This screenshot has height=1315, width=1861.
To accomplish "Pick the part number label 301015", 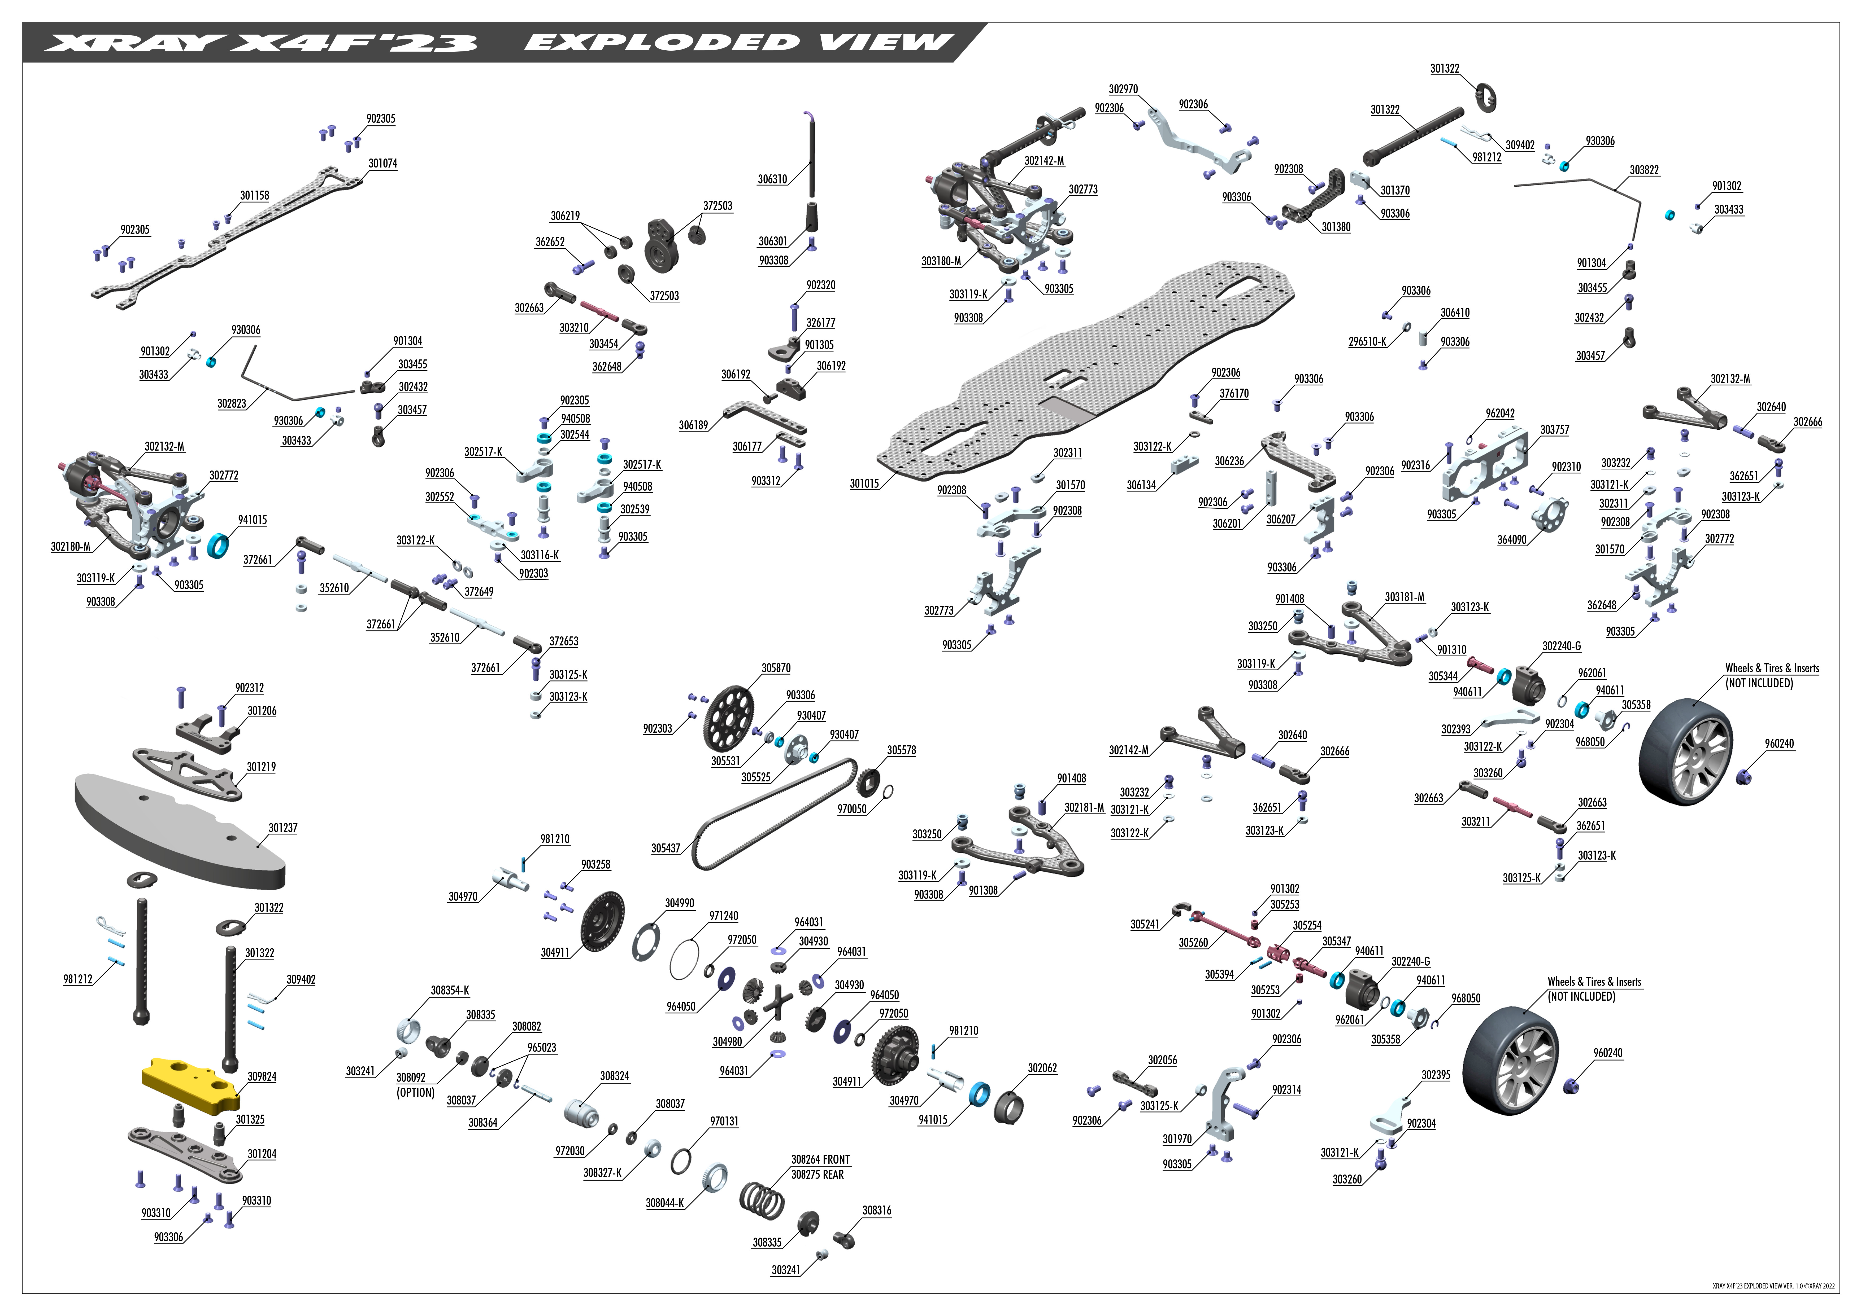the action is point(864,484).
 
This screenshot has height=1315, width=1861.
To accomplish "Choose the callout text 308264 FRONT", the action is point(820,1159).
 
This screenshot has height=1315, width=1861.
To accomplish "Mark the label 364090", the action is point(1512,540).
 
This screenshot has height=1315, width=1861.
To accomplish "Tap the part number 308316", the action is point(876,1211).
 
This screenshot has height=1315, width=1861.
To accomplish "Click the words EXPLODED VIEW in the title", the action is point(738,42).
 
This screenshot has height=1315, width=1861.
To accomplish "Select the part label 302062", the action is point(1042,1069).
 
